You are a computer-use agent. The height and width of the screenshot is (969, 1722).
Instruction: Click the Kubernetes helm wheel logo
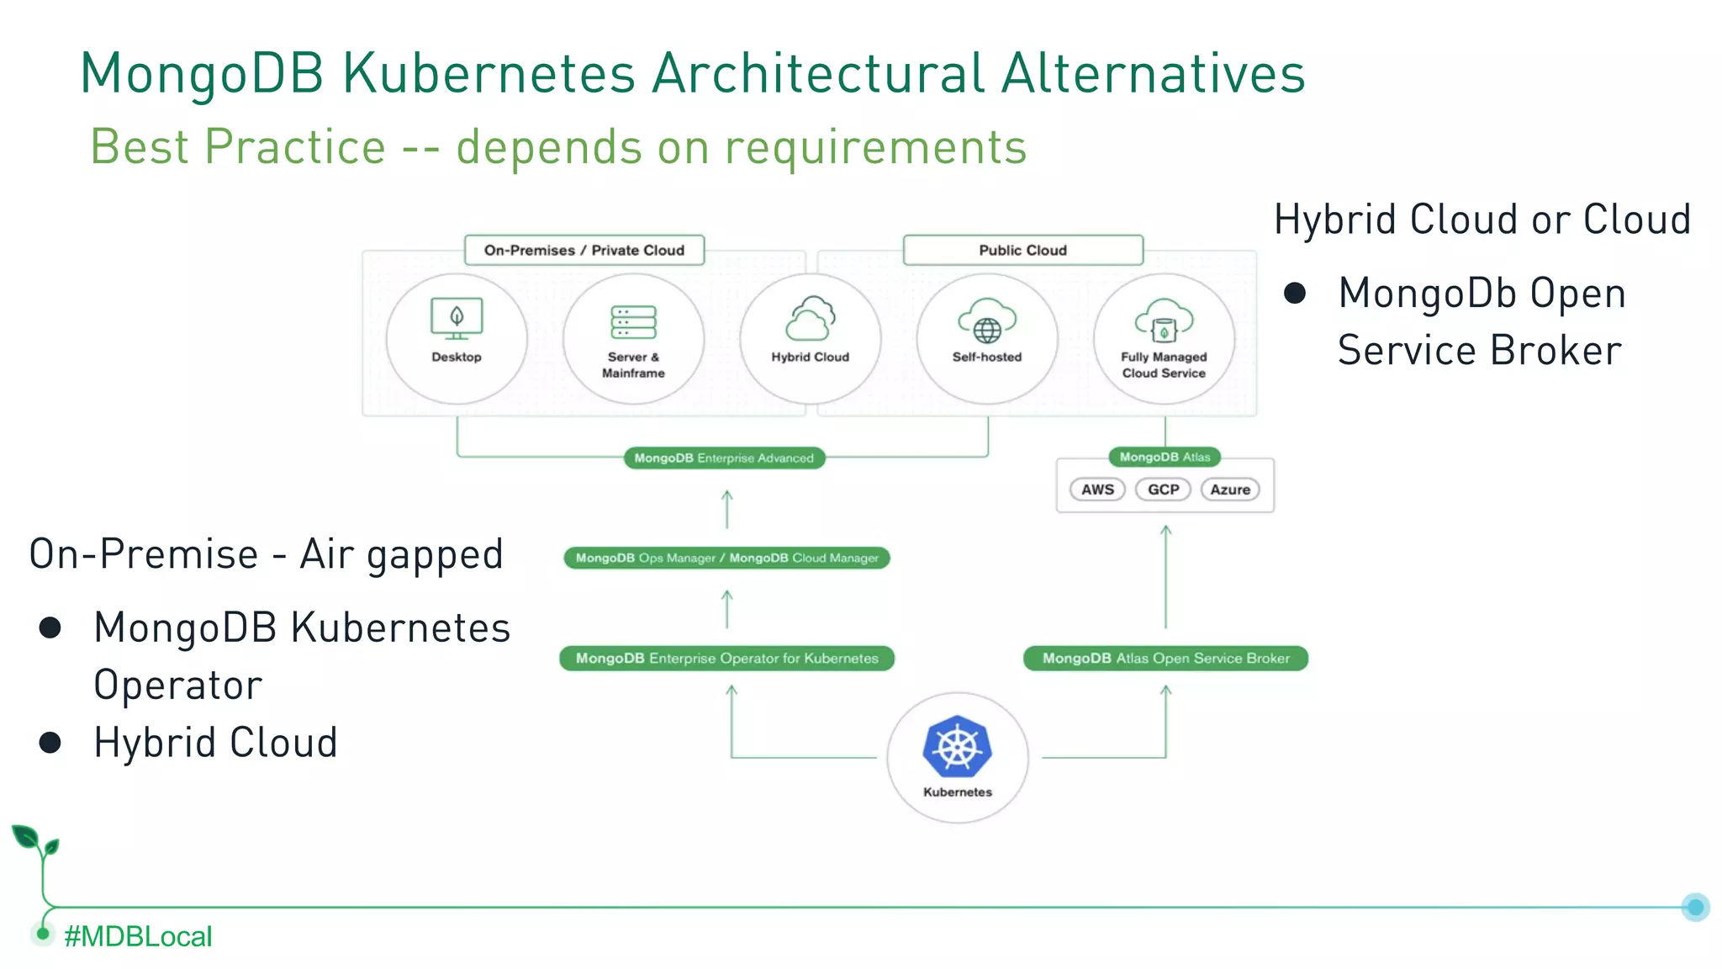tap(957, 745)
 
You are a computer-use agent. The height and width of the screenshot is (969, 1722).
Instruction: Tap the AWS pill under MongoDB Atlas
tap(1097, 490)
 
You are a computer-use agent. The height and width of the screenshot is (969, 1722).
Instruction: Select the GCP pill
tap(1164, 490)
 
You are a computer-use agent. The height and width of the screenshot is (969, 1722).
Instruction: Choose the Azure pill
tap(1230, 490)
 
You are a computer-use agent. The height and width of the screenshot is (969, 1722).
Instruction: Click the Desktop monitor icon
tap(457, 319)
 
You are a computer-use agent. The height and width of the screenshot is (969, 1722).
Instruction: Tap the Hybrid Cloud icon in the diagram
tap(811, 319)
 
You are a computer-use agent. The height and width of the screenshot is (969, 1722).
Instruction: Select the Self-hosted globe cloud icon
tap(987, 320)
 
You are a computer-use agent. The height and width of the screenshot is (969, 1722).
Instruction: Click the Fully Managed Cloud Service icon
tap(1164, 320)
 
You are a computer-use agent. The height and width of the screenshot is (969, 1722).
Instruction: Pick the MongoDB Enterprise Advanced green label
tap(724, 458)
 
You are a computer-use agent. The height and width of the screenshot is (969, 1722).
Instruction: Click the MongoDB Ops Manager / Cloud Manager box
tap(726, 558)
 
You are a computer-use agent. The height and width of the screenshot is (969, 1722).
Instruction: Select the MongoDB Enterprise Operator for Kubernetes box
tap(726, 659)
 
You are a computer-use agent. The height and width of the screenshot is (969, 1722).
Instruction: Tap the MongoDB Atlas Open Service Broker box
tap(1165, 659)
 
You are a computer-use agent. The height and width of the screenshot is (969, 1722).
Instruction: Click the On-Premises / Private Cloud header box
tap(584, 251)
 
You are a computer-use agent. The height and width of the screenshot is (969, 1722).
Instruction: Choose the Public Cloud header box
tap(1022, 251)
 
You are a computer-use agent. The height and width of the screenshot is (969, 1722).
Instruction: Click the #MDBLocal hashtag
tap(138, 936)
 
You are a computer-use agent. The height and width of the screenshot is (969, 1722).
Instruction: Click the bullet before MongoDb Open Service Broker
tap(1295, 293)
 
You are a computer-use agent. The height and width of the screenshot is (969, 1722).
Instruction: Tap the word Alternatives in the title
tap(1153, 73)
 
